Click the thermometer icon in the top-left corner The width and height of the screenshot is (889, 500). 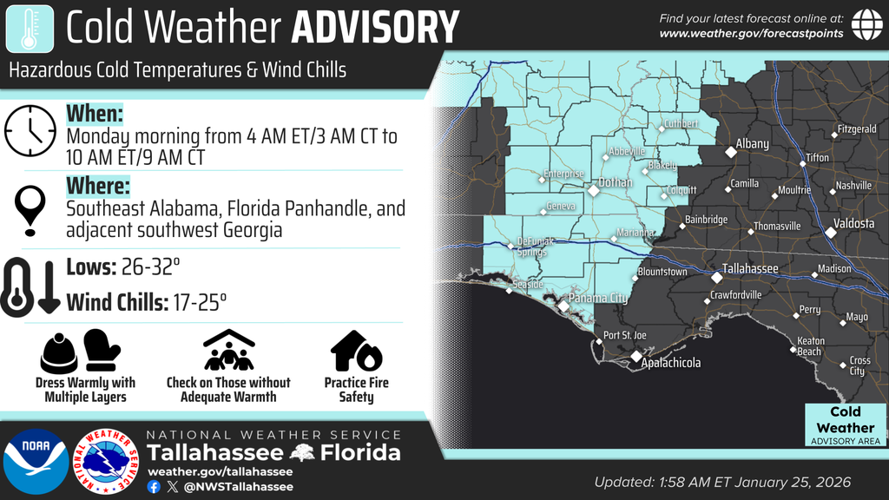point(29,27)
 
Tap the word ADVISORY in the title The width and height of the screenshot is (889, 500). point(374,28)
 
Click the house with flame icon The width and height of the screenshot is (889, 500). point(356,351)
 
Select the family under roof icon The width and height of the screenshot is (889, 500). point(228,351)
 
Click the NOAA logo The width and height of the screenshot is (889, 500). point(36,461)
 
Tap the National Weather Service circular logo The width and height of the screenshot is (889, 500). point(108,461)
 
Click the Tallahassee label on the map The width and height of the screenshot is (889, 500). point(750,269)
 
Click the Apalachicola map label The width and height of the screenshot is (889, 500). point(670,364)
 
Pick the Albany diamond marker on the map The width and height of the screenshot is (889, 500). point(731,152)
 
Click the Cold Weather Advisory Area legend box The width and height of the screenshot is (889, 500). point(845,425)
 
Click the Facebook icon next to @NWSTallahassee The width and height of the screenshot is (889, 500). point(154,487)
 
